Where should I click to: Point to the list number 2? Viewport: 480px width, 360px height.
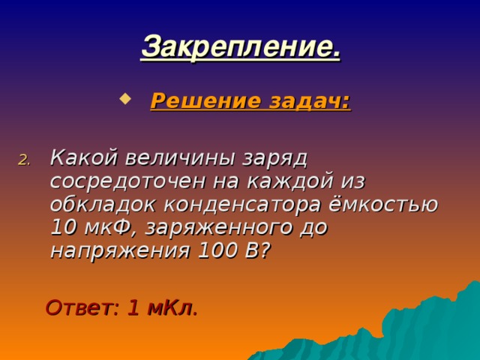(23, 159)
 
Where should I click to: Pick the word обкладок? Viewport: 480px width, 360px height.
(97, 204)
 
